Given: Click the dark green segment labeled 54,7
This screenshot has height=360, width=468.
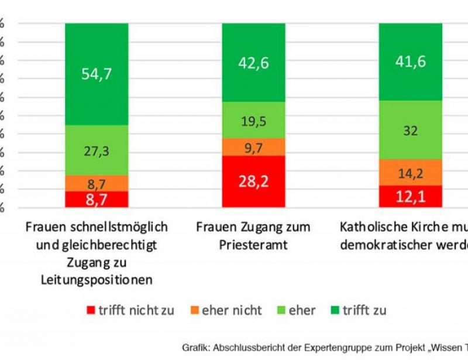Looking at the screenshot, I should pos(97,74).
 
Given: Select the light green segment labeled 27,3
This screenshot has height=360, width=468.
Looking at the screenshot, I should pos(97,150).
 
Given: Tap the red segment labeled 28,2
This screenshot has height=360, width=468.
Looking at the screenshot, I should pos(253,181).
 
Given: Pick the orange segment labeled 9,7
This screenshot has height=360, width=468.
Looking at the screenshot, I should pos(253,147).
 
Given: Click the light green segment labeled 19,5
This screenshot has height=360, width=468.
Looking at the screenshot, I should pos(253,121).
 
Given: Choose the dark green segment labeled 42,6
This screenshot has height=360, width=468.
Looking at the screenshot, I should pos(253,63).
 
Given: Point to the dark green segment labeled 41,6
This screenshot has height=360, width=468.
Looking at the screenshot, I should pos(410,61).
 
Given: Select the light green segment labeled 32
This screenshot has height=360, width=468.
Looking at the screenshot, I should pos(410,130).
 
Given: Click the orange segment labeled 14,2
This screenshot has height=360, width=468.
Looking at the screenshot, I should pos(410,173).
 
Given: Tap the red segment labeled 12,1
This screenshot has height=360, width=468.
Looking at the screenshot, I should pos(410,197).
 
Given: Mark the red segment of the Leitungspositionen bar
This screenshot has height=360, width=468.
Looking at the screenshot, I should pos(97,200).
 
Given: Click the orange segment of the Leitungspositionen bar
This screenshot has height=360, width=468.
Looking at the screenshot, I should pos(97,183).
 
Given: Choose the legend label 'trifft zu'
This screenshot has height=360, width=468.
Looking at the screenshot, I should pos(364,310).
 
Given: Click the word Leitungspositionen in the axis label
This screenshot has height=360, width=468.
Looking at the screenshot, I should pos(97,280).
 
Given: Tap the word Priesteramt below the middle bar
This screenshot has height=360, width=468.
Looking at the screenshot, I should pos(253,245).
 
